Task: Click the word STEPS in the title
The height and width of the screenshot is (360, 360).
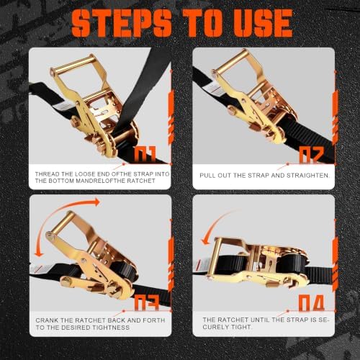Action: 122,23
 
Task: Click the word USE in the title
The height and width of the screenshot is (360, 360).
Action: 263,23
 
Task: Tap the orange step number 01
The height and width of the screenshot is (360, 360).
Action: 145,153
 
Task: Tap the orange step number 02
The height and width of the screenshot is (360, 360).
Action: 311,155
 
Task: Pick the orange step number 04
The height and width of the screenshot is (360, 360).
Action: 312,303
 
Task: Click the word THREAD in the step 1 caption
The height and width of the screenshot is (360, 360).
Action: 48,174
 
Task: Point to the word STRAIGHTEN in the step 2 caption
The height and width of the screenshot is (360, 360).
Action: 307,176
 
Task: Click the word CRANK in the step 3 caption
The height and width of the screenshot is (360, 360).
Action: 47,320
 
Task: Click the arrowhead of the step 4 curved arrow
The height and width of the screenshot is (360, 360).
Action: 206,240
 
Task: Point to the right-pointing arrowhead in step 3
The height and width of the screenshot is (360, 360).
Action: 96,202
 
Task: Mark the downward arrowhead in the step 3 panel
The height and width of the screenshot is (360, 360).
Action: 39,253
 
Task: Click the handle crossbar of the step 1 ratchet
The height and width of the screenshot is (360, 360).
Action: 72,64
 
